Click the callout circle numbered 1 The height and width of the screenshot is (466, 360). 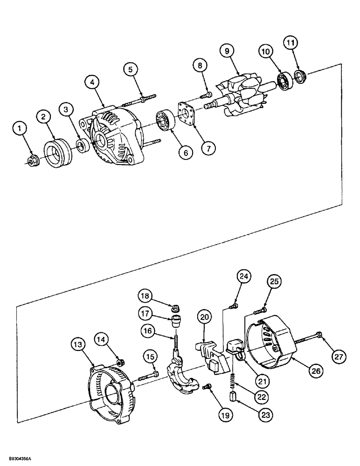(x=20, y=128)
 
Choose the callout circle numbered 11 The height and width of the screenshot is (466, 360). (x=291, y=43)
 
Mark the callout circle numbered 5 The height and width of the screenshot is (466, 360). (x=131, y=70)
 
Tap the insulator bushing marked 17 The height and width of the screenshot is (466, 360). (x=176, y=321)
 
